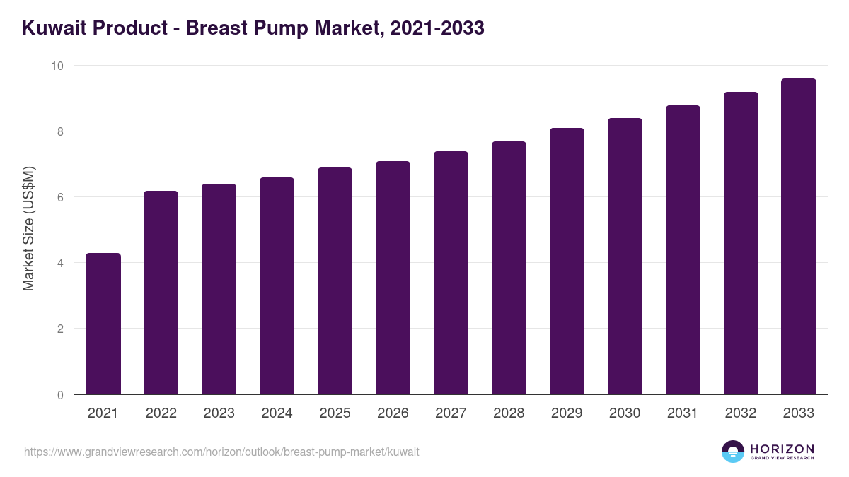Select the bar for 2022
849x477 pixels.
(161, 293)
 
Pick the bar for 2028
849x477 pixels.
(509, 268)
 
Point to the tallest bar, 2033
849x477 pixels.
(799, 237)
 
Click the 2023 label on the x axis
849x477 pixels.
(219, 413)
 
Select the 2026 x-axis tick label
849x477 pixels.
(393, 413)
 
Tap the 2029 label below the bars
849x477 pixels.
(567, 413)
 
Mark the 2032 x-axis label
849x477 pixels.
(741, 413)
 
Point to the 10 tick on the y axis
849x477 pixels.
(57, 66)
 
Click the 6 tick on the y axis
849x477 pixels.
(60, 197)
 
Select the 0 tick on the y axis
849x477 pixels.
(60, 395)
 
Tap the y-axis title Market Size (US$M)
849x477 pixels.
(28, 229)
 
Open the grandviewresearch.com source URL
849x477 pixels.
(221, 452)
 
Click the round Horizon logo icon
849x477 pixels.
(733, 452)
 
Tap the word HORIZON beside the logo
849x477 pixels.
(782, 449)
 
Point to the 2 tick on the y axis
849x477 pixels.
(60, 329)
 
